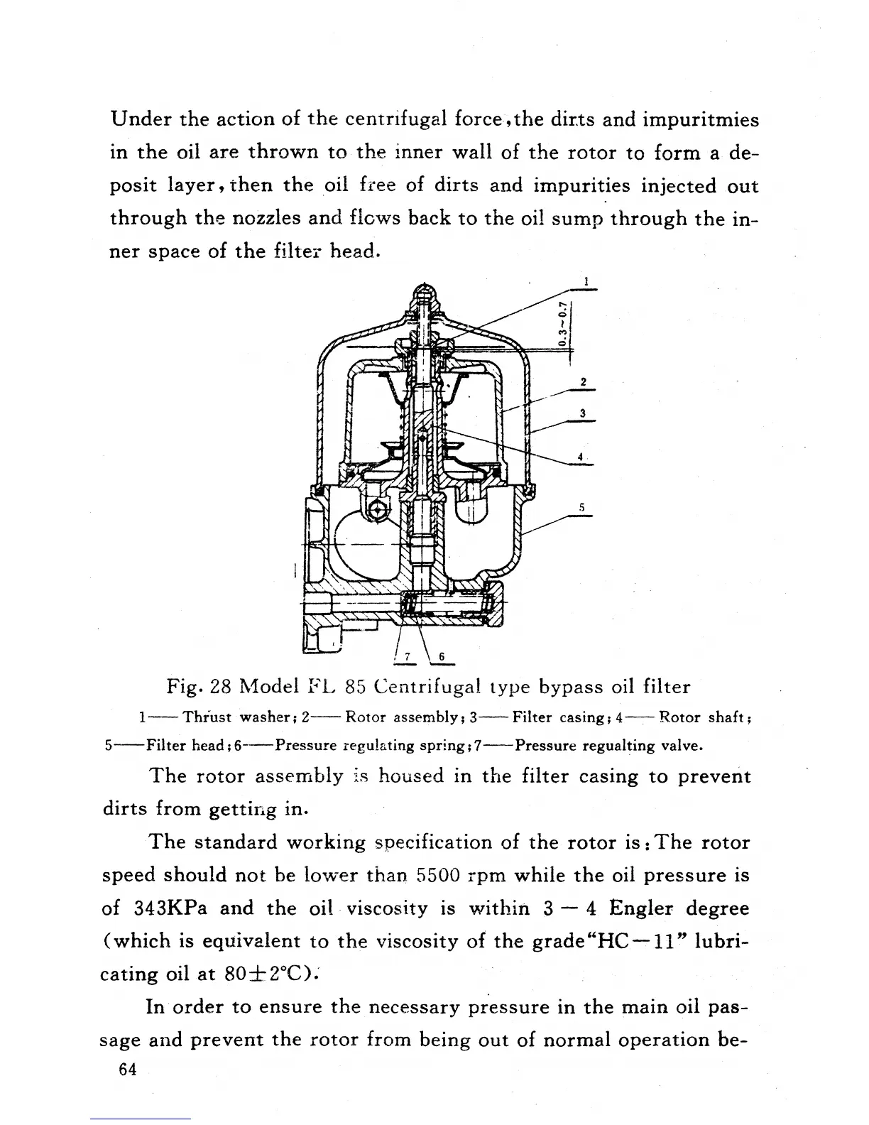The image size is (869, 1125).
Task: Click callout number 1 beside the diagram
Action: click(x=586, y=282)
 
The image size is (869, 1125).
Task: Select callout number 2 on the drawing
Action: click(x=583, y=382)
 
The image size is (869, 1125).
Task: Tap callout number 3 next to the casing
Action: click(x=582, y=413)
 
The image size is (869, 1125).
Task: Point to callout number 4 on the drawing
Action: click(x=580, y=457)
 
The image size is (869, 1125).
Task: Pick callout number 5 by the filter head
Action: click(x=581, y=507)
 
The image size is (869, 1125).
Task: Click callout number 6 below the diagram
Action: click(x=441, y=656)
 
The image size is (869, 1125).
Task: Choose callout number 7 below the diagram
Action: click(x=408, y=656)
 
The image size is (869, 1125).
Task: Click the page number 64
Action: click(x=128, y=1070)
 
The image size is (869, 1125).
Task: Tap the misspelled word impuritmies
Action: click(x=701, y=119)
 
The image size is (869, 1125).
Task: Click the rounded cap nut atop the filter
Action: click(x=423, y=291)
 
